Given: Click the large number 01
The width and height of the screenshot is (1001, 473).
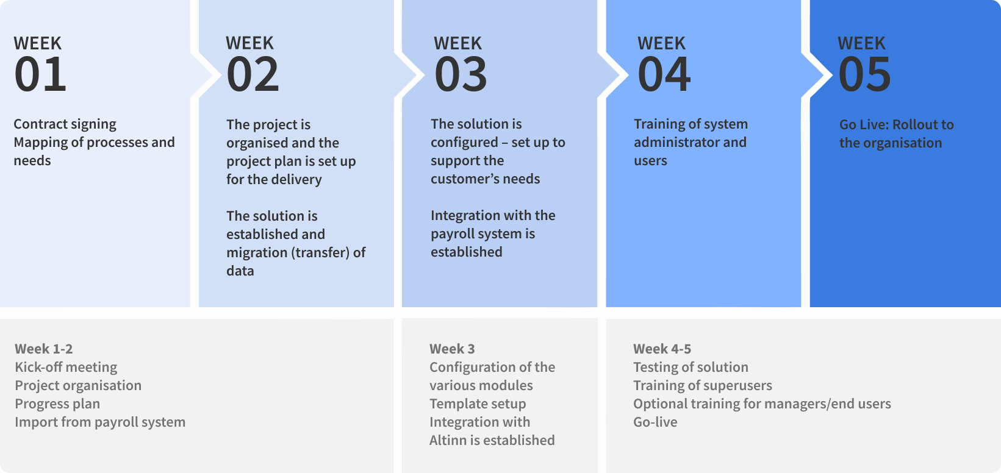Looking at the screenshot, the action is point(40,74).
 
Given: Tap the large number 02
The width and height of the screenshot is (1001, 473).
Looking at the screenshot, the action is point(253,74).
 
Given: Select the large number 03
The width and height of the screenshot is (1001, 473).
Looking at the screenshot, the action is point(461,74).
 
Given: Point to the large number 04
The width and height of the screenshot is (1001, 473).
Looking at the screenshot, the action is point(664,74).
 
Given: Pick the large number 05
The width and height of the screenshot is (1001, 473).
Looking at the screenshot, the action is point(865,74).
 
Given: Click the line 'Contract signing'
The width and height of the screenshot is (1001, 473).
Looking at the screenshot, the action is point(65,124).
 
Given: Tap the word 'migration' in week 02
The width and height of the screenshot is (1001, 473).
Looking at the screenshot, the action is point(257,253).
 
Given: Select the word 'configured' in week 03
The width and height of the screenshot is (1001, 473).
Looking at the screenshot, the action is point(464,143).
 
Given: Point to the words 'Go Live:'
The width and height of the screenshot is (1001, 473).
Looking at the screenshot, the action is point(864,124).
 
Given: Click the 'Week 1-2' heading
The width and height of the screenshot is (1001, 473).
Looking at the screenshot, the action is point(43,349).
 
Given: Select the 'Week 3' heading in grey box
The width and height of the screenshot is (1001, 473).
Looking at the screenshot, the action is point(452,349).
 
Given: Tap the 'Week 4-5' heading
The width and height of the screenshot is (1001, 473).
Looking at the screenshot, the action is point(662,349).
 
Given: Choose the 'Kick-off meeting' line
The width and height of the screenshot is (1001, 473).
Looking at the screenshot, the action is point(66,367).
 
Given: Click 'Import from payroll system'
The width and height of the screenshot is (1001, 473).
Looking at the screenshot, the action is point(100,422).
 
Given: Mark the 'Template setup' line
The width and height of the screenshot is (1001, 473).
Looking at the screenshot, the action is point(478,404).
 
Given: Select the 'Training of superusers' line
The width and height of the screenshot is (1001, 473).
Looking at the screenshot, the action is point(703,385).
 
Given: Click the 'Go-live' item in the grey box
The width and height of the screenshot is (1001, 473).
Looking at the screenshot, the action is point(655,422).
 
